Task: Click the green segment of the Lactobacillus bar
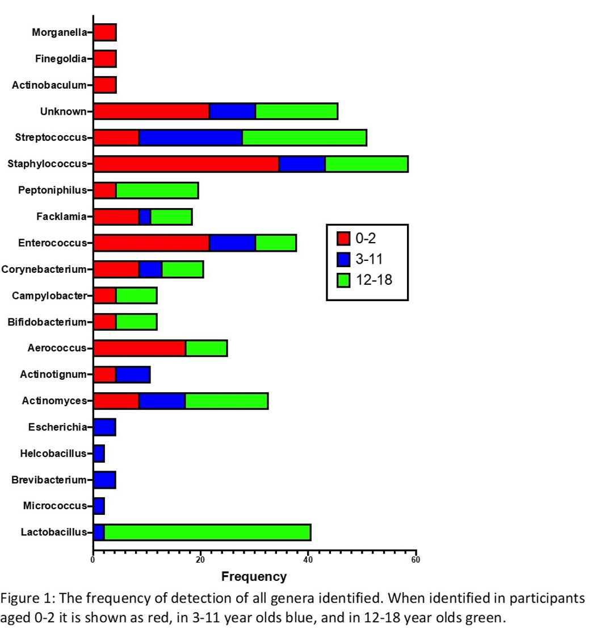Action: point(208,533)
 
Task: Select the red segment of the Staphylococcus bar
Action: point(186,164)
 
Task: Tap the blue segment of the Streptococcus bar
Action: point(191,138)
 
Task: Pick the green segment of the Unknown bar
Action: point(297,111)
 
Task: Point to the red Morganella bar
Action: point(105,32)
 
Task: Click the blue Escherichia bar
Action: point(105,427)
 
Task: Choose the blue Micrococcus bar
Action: point(99,506)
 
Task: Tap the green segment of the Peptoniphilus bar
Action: point(157,190)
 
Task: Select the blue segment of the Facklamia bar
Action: point(145,217)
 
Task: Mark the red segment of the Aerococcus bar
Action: point(140,348)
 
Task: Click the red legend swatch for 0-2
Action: point(343,238)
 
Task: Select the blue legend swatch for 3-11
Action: point(343,259)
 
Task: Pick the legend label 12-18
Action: point(374,280)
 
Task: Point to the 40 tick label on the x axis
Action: point(308,560)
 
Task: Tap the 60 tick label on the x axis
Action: point(416,560)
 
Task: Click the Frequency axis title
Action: point(254,577)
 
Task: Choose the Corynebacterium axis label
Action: point(44,269)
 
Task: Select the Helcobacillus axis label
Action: point(53,454)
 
